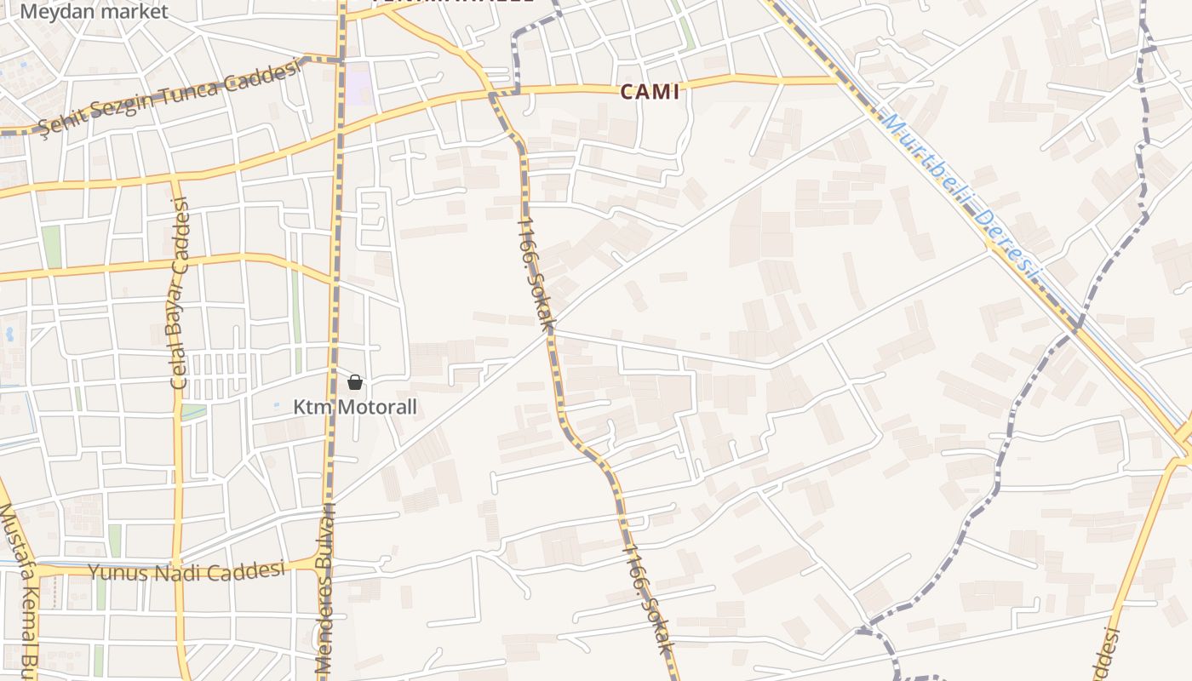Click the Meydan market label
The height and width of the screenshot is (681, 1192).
click(94, 12)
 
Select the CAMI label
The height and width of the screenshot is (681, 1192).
click(650, 92)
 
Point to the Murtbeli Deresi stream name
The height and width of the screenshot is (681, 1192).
click(962, 197)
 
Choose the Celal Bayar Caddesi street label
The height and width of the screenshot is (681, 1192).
click(179, 294)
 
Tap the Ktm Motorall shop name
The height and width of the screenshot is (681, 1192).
click(355, 407)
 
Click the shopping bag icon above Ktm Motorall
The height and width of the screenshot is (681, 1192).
click(355, 382)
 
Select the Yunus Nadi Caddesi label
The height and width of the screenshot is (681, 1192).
click(186, 571)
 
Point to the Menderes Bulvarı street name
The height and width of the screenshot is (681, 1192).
click(324, 587)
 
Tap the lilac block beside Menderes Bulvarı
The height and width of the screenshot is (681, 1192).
click(358, 83)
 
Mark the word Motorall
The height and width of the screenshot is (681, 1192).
click(377, 407)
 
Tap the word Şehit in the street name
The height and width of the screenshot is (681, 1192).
click(63, 119)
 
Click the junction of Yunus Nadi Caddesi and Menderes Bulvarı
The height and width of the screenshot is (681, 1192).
click(324, 563)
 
